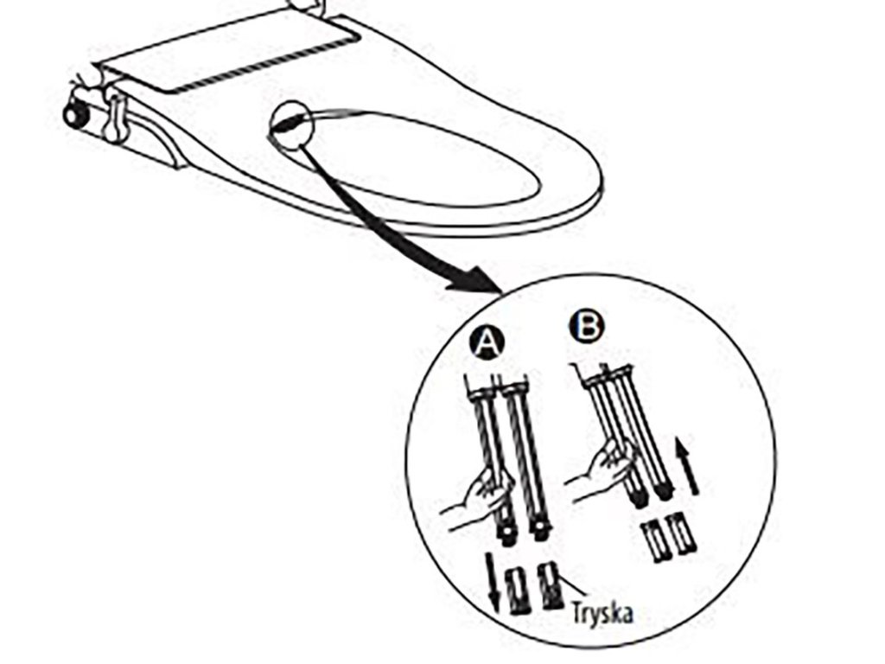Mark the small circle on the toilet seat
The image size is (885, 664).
[x=291, y=124]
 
